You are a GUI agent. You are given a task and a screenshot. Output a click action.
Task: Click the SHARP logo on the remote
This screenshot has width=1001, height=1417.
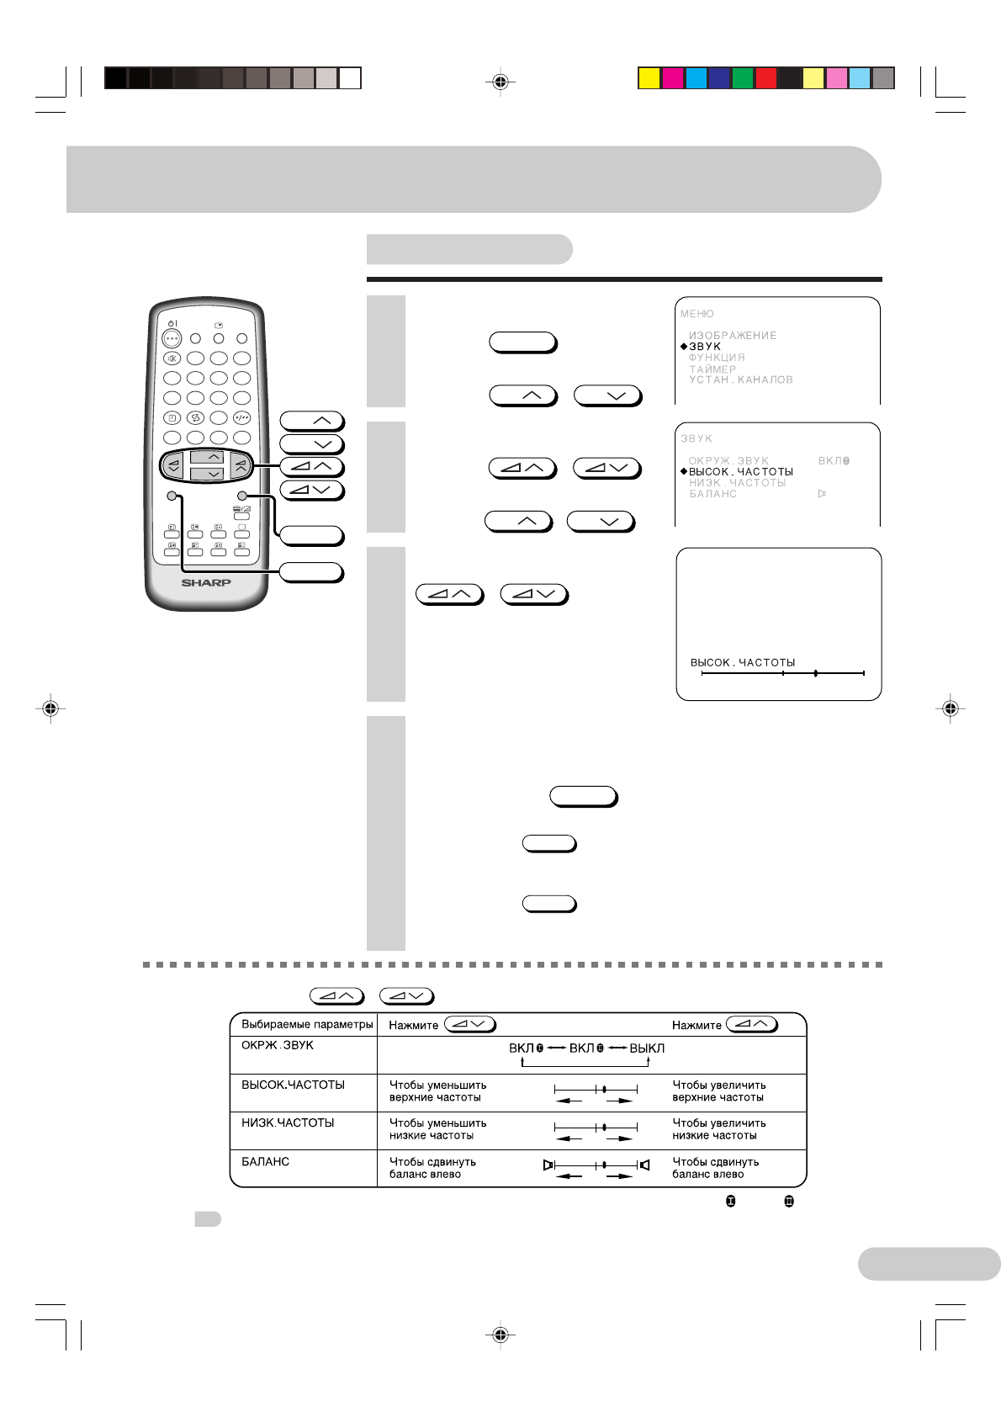point(206,582)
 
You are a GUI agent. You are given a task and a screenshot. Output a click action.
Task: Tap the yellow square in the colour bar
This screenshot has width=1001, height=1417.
point(649,78)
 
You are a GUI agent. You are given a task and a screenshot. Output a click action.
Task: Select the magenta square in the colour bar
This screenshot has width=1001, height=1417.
point(672,78)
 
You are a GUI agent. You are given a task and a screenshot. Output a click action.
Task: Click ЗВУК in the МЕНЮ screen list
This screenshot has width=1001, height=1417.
point(705,347)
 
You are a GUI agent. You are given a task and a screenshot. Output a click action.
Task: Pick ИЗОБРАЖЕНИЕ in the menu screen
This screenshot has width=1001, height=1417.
point(733,336)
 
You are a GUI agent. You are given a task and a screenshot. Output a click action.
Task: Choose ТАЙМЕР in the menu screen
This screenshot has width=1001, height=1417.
point(712,369)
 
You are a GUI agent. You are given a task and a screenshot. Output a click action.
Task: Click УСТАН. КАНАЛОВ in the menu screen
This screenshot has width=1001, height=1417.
point(740,380)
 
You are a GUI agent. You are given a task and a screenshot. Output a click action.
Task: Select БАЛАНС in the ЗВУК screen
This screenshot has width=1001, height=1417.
point(712,494)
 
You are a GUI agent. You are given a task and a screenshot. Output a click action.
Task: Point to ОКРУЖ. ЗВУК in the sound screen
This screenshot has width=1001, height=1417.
point(728,461)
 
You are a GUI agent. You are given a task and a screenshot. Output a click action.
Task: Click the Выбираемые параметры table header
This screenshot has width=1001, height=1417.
point(307,1025)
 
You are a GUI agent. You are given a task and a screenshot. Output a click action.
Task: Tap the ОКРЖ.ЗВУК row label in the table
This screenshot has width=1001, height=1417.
point(278,1046)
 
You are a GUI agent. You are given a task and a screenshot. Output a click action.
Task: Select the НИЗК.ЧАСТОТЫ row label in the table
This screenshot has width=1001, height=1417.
point(288,1123)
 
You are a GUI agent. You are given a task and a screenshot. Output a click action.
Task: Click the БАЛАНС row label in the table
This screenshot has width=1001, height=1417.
point(266,1162)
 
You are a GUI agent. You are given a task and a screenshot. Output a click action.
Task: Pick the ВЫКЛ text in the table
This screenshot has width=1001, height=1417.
point(647,1048)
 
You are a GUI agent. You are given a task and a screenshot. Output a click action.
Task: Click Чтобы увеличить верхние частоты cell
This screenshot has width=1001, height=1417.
point(718,1091)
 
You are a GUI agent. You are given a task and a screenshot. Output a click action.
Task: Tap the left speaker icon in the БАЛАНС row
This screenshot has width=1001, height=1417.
point(548,1165)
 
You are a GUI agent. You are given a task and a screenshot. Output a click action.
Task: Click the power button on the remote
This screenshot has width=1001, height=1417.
point(172,339)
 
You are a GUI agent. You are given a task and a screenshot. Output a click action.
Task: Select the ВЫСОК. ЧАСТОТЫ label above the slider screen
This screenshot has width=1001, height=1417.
point(743,663)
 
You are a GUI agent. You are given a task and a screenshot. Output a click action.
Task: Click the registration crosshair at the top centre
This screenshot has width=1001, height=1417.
point(500,82)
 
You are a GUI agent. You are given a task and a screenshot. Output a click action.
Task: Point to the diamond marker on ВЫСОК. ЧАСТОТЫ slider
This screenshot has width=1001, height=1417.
point(815,673)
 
